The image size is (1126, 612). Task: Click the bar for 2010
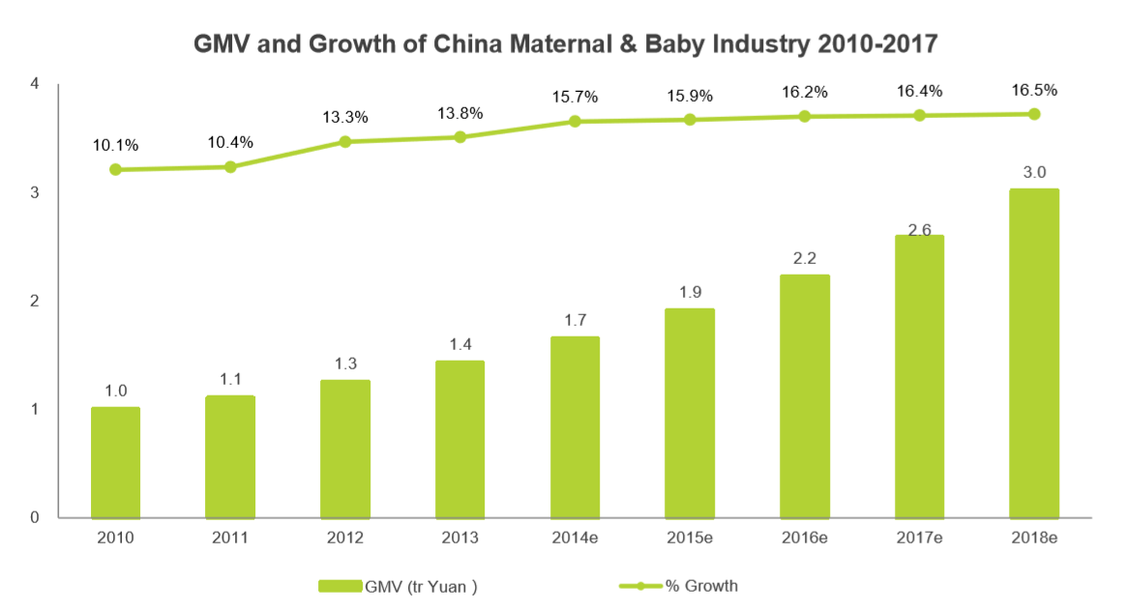tap(115, 462)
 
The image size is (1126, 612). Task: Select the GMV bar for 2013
tap(459, 439)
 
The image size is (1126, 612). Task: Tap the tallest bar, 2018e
tap(1034, 353)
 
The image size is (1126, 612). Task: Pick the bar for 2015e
tap(690, 413)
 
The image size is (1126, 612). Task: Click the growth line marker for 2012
tap(345, 141)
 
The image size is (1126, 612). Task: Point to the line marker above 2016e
tap(805, 116)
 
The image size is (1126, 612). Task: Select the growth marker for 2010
tap(115, 169)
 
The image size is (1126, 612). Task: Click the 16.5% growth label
tap(1034, 90)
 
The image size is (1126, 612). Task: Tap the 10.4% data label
tap(230, 142)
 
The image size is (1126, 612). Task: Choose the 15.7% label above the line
tap(575, 97)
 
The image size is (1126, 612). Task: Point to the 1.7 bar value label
tap(575, 319)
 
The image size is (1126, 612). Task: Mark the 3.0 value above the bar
tap(1034, 172)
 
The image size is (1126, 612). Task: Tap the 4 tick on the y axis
tap(35, 84)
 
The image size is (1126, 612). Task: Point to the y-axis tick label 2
tap(35, 301)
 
